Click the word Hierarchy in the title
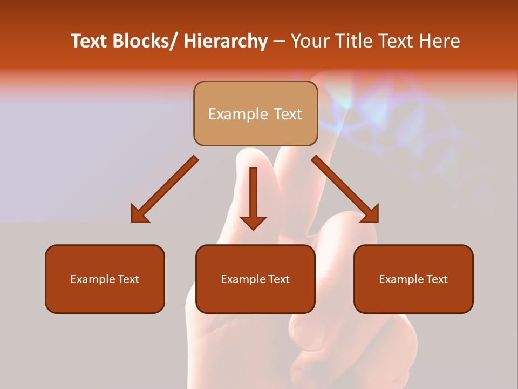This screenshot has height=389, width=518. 226,42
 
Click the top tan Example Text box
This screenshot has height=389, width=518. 255,113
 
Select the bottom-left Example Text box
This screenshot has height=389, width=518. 105,279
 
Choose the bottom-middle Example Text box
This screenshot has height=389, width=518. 255,279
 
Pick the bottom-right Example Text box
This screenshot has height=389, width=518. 413,279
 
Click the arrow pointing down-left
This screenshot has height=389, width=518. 165,189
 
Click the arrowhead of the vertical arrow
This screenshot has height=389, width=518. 253,222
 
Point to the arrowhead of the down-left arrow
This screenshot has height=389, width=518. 139,214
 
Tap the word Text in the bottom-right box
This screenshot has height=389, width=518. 437,279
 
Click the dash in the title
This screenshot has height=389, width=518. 279,42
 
